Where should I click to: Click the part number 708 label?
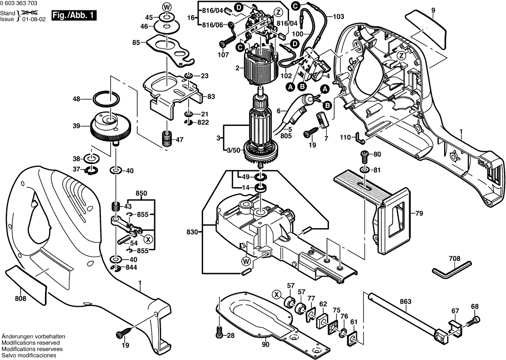point(455,258)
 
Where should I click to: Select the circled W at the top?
point(167,7)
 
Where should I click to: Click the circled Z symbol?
point(278,11)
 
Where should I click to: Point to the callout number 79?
point(419,213)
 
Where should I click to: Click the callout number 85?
point(136,43)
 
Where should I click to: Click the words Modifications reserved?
point(31,342)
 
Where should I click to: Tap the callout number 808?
point(20,298)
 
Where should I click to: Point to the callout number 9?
point(433,10)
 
